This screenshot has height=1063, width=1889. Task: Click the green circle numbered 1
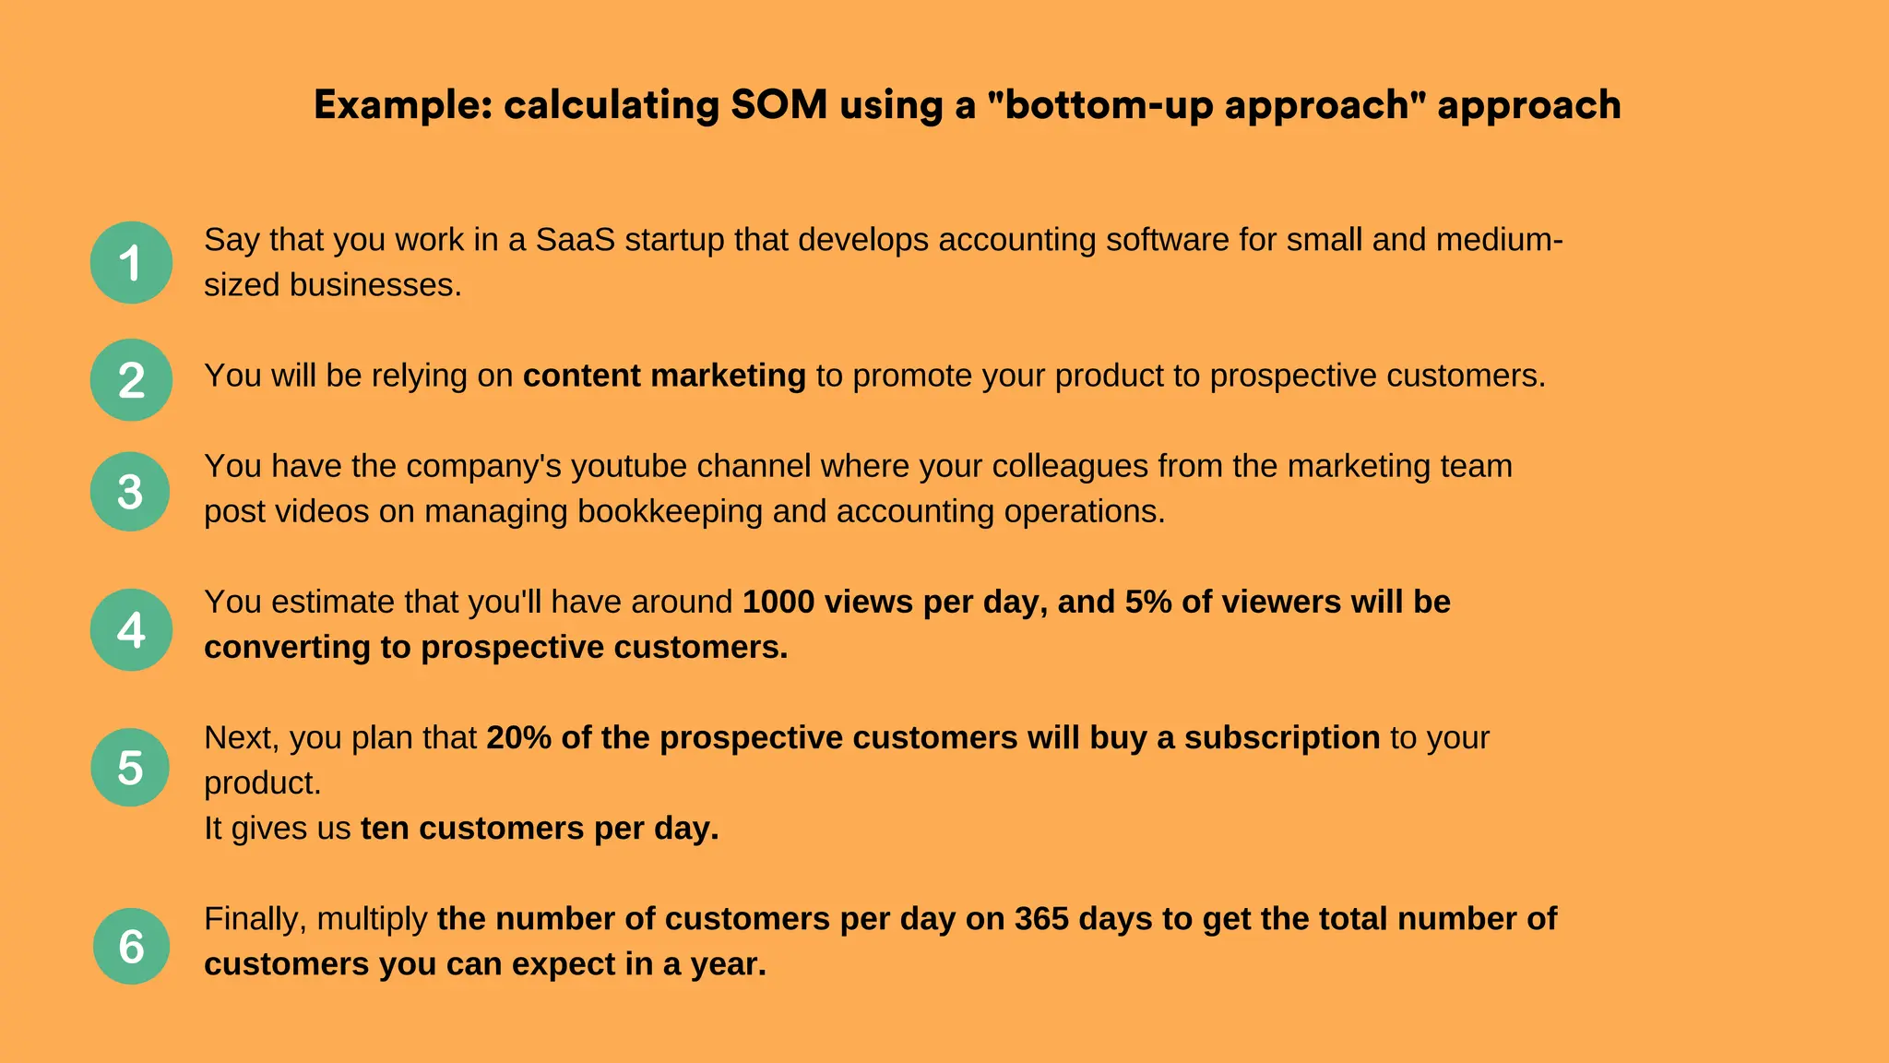point(131,262)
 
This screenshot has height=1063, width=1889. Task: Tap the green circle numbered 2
point(131,380)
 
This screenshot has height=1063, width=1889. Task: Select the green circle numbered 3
point(130,491)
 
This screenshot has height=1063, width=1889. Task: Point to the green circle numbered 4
point(131,630)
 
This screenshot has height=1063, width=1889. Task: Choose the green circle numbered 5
point(130,768)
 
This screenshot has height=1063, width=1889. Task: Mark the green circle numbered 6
point(131,946)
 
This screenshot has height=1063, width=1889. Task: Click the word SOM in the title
point(778,105)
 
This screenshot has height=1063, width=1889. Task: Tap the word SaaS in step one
point(575,240)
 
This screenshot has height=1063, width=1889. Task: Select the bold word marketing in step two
point(728,376)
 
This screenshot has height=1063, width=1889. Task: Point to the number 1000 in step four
point(778,602)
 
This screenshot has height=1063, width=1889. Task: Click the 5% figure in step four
point(1147,602)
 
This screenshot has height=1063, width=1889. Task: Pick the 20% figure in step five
point(518,737)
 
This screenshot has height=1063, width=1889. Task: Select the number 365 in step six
point(1041,918)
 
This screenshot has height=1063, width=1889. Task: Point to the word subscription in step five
point(1281,737)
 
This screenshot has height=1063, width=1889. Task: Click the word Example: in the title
point(403,105)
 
